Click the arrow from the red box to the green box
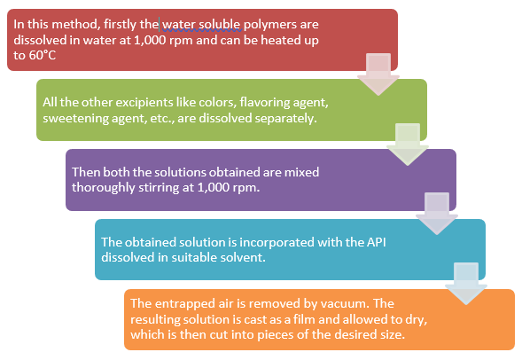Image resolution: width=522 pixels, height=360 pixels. coord(378,74)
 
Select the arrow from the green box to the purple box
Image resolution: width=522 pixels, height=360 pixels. coord(408,145)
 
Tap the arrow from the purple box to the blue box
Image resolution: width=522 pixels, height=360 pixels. coord(437,214)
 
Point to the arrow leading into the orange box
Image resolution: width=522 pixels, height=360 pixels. coord(466,284)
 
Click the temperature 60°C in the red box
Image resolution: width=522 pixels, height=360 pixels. coord(43,55)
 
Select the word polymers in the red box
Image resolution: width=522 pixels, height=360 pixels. coord(269,25)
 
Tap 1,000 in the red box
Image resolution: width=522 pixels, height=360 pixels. coord(150,40)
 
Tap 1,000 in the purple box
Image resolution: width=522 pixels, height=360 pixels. coord(213,188)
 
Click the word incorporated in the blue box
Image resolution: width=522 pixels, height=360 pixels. coord(277,242)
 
